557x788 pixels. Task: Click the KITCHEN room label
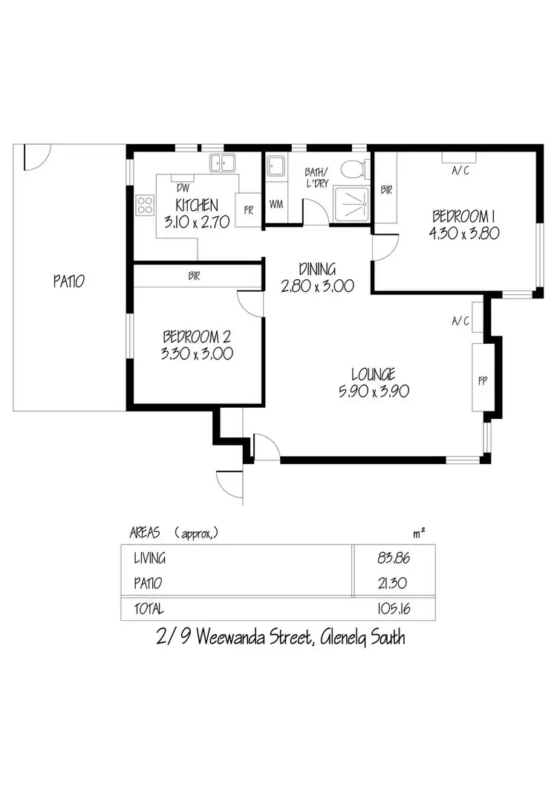point(196,206)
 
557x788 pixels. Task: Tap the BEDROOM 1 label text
point(464,216)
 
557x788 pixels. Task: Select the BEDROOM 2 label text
point(197,337)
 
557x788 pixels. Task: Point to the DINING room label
point(317,269)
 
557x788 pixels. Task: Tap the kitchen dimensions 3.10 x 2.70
point(196,222)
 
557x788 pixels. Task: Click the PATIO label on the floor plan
point(68,281)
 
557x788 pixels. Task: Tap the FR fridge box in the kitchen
point(248,209)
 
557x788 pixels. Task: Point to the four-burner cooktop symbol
point(144,205)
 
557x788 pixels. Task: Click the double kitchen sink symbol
point(221,162)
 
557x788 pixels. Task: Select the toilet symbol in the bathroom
point(354,169)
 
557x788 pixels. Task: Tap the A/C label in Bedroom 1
point(460,171)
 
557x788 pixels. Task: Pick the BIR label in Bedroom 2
point(194,276)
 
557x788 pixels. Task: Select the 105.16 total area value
point(394,609)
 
